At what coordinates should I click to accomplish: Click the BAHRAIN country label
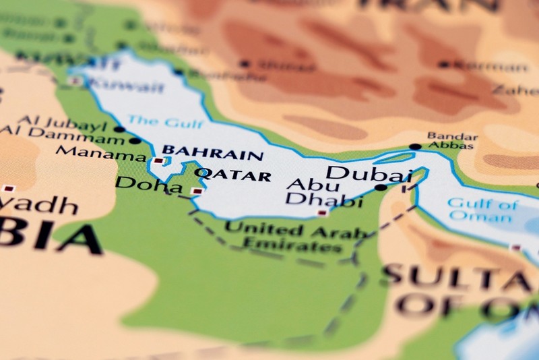(213, 153)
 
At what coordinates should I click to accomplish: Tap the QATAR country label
(232, 175)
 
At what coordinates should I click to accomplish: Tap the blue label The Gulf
(156, 121)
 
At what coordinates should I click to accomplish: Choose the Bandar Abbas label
(452, 140)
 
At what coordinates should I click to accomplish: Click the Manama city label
(101, 153)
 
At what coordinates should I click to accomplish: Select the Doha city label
(139, 183)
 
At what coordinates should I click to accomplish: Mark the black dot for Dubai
(381, 187)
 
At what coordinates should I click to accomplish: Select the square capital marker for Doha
(196, 191)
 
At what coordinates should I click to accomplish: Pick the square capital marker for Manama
(158, 160)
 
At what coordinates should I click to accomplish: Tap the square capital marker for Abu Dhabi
(323, 212)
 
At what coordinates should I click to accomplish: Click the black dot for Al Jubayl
(119, 128)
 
